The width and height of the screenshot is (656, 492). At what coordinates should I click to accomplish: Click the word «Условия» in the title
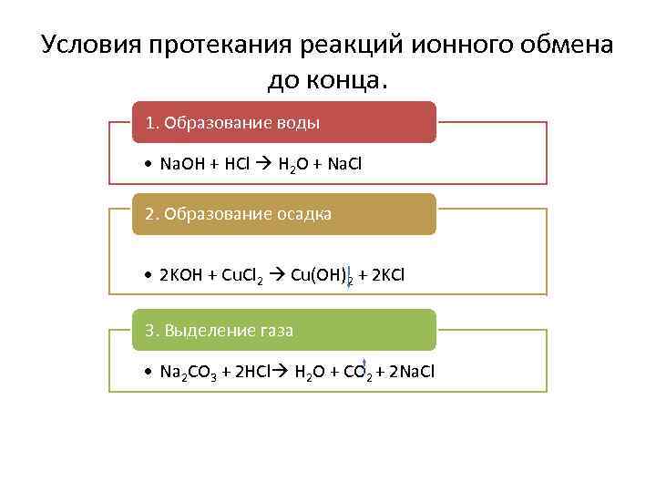point(87,46)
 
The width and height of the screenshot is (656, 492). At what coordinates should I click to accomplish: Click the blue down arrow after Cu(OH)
point(350,273)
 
